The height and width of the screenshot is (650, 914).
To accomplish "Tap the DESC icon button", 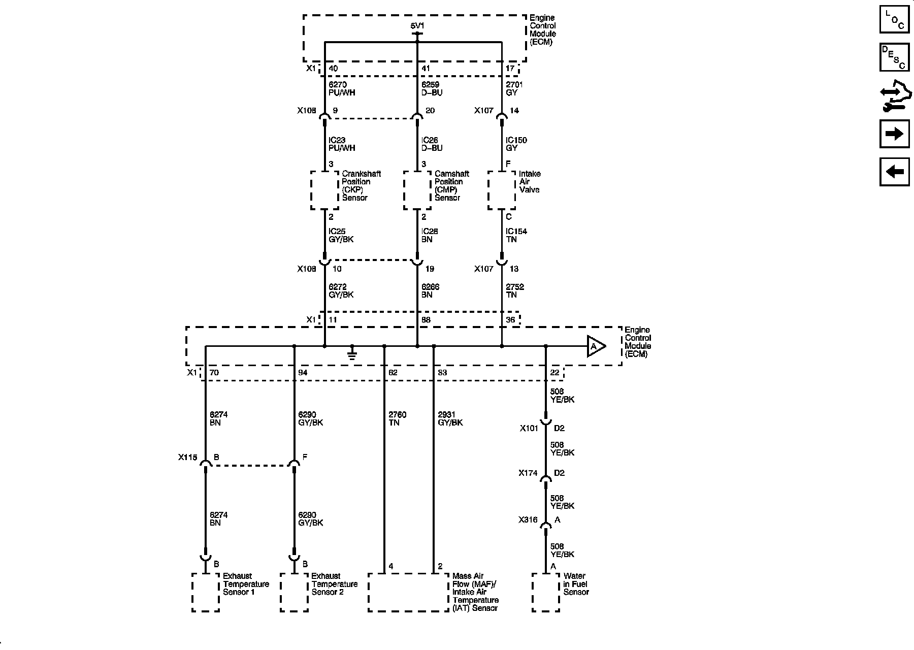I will [894, 57].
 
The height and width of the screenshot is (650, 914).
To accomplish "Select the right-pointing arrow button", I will [894, 134].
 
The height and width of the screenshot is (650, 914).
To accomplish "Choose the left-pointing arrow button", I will [894, 172].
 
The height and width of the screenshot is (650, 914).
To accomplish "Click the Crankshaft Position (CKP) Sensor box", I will [324, 190].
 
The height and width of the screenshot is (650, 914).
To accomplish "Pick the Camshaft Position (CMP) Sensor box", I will [417, 190].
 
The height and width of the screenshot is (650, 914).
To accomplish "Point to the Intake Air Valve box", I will [502, 190].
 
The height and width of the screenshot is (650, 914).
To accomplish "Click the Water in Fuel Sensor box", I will [546, 593].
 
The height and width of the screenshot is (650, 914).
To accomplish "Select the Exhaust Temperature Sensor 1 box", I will [206, 593].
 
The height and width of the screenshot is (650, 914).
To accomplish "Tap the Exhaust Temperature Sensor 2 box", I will [294, 593].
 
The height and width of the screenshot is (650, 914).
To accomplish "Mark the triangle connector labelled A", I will [596, 346].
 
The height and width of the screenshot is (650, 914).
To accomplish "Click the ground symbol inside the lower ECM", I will [352, 354].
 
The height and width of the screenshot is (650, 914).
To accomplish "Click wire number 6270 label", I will [338, 85].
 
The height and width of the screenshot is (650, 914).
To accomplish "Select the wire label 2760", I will [398, 415].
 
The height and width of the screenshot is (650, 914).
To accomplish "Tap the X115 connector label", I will [187, 458].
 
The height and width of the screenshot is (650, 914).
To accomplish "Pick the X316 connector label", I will [528, 520].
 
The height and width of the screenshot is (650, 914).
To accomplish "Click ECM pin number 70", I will [214, 373].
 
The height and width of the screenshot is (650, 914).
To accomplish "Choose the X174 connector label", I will [528, 473].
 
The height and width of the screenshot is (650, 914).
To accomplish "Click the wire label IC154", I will [516, 232].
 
